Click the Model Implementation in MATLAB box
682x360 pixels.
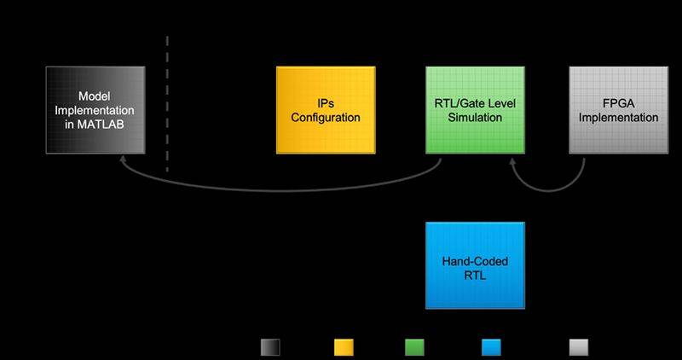click(95, 110)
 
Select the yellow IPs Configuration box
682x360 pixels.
click(326, 110)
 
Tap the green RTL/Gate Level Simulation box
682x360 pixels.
click(475, 110)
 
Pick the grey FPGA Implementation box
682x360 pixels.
click(619, 110)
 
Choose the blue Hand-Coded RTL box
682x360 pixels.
click(475, 265)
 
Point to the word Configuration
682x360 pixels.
click(326, 118)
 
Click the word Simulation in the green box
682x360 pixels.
click(475, 118)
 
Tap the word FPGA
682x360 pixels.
click(618, 103)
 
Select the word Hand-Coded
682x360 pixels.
click(475, 261)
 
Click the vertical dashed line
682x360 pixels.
click(167, 104)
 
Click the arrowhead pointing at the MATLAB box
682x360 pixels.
click(123, 159)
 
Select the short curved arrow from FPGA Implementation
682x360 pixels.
click(548, 190)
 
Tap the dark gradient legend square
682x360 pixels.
click(270, 347)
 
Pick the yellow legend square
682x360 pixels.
click(344, 347)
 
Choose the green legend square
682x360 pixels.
click(414, 347)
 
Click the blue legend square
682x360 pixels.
click(491, 347)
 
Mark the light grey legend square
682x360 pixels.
click(579, 347)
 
